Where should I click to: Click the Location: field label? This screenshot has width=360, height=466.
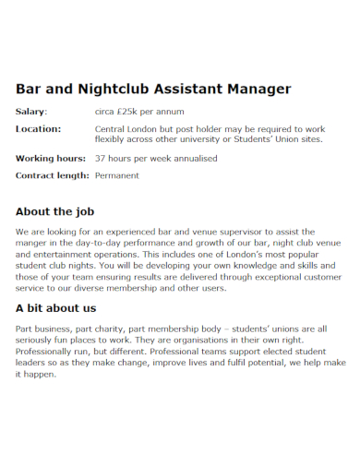coord(38,129)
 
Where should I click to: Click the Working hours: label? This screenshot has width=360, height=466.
coord(51,158)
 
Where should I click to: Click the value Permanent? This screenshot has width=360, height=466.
coord(119,174)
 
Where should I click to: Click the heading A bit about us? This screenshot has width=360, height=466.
coord(55,307)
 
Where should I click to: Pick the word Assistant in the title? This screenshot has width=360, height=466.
coord(186,90)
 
